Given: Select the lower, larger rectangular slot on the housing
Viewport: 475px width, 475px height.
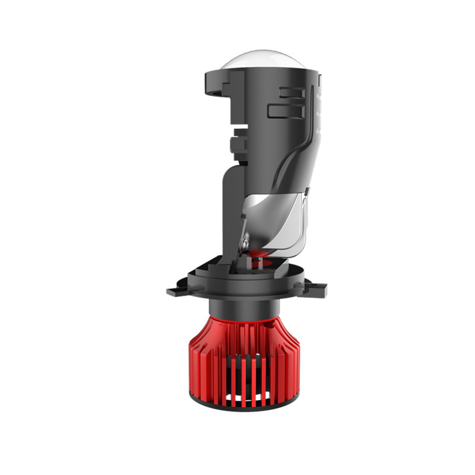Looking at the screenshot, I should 283,110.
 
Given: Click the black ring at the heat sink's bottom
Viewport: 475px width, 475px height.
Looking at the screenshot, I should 249,406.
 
